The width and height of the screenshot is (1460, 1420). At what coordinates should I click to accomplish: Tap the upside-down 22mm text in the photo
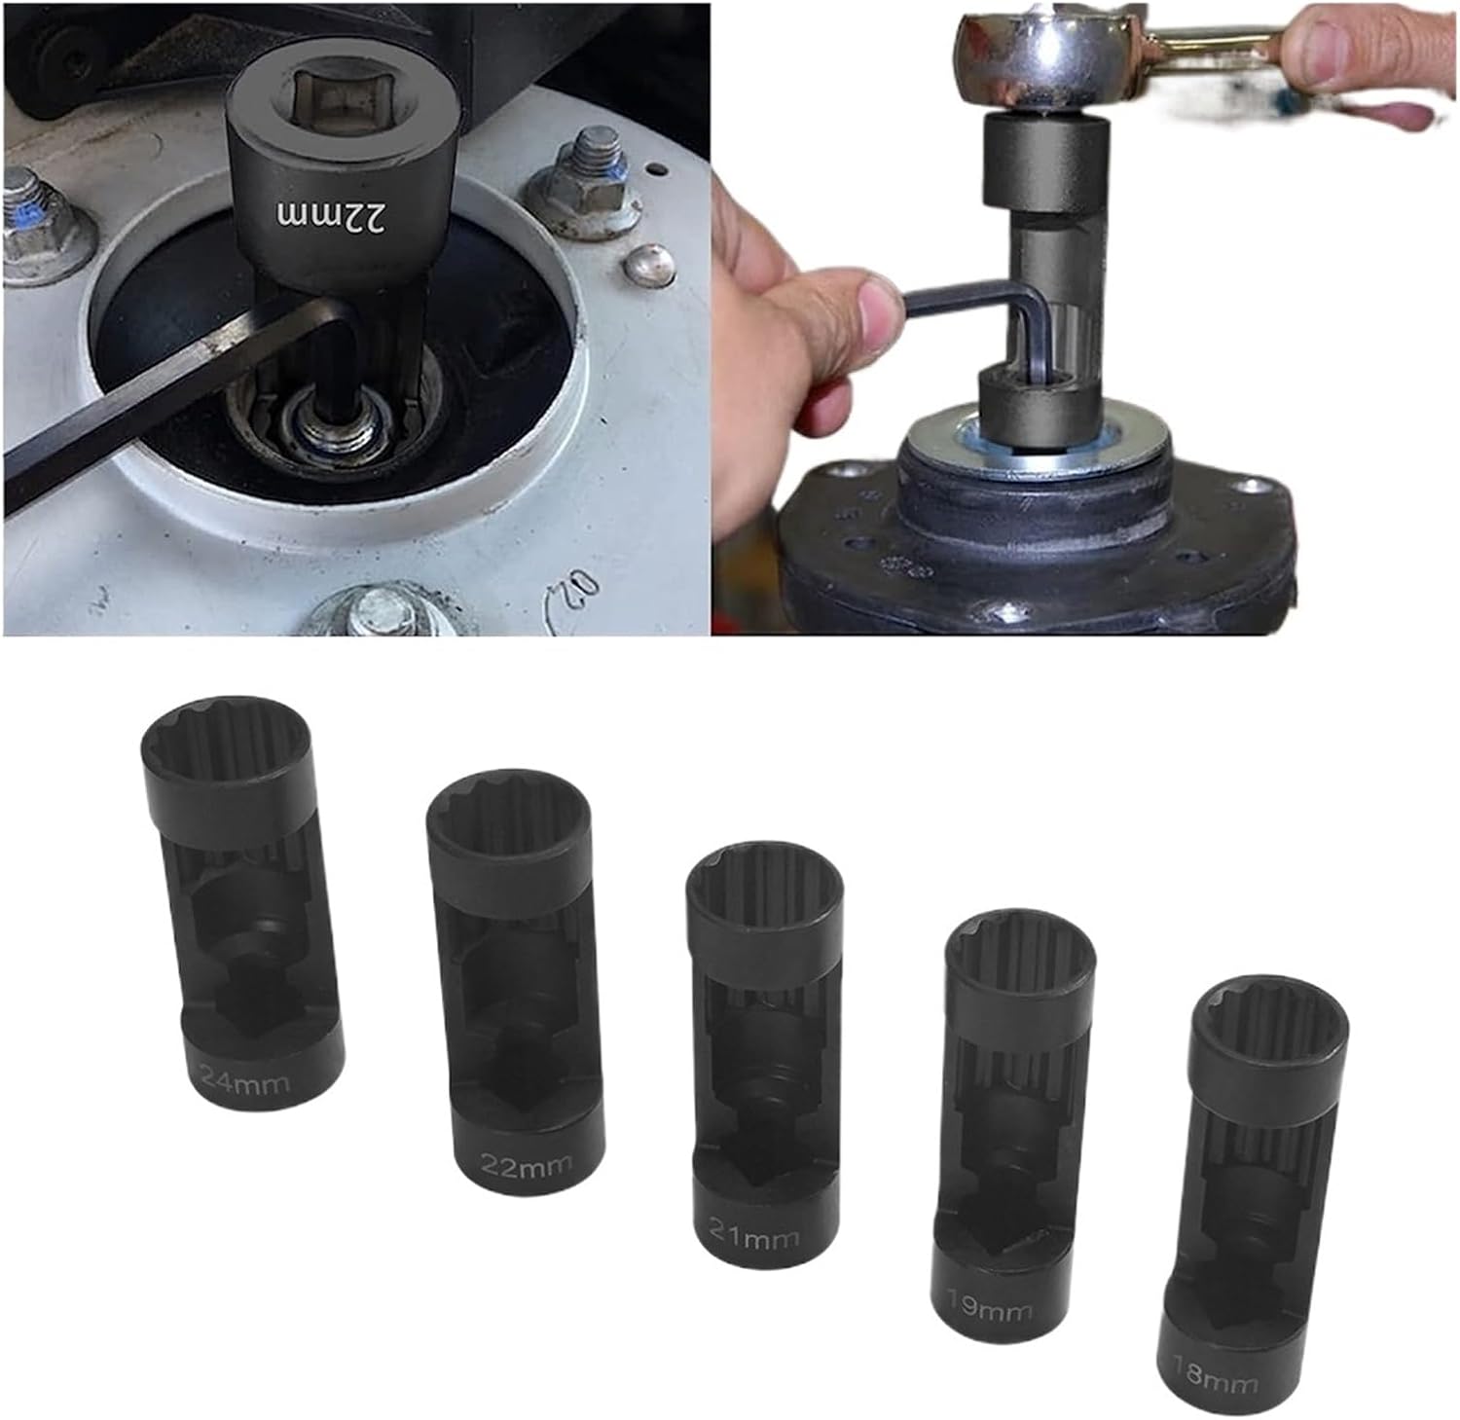click(x=332, y=215)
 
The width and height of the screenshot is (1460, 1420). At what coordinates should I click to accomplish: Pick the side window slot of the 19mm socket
click(x=1004, y=1119)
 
